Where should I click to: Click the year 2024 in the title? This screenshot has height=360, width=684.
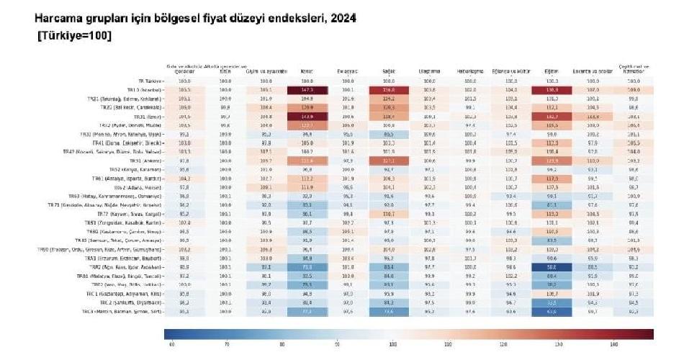coord(343,17)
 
